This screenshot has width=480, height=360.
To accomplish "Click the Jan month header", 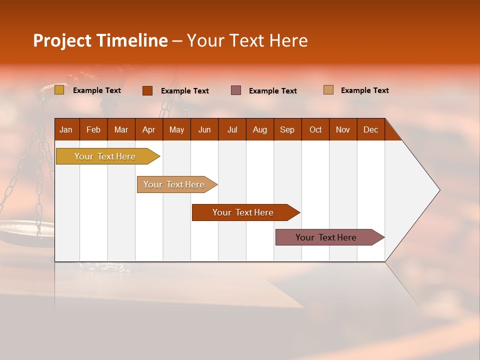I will point(66,130).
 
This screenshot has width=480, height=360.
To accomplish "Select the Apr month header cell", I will point(148,130).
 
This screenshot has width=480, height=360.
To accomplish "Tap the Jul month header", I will point(232,130).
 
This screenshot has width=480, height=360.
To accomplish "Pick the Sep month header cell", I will point(287,130).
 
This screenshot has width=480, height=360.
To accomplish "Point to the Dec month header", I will point(370,130).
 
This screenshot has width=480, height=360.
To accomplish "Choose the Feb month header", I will point(93,130).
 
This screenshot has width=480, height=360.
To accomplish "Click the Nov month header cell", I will point(342,130).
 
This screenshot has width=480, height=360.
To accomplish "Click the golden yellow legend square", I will point(59,90).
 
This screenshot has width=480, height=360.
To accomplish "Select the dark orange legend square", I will point(147,90).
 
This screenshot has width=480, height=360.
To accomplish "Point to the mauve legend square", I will point(236,90).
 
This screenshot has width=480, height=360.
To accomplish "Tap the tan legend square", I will point(328,90).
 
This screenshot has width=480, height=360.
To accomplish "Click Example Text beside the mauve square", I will point(273,91).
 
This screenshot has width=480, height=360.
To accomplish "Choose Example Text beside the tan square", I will point(365,90).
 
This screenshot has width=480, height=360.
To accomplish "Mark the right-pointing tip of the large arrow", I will point(438,190).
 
